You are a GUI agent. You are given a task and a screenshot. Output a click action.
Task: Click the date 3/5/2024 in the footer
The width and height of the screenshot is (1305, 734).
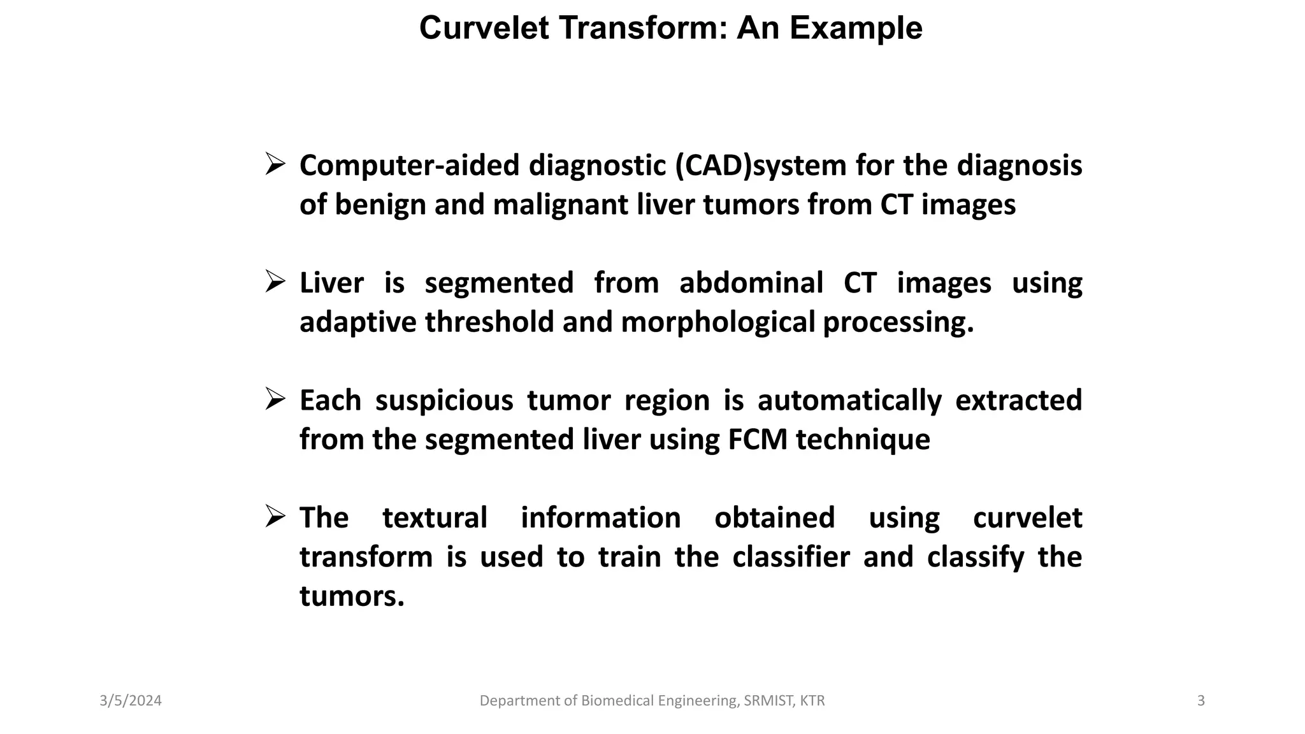131,701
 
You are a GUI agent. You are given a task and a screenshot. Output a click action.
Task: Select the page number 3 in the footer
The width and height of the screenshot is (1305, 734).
1201,701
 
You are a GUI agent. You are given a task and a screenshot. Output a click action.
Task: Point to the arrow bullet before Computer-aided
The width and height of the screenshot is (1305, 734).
275,164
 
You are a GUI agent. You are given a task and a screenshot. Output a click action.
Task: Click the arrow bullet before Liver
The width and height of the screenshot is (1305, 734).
275,282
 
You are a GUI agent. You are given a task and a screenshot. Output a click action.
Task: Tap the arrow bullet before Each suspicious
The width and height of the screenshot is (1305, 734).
275,399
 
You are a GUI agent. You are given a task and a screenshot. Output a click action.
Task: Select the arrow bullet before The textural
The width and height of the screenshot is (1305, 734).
275,517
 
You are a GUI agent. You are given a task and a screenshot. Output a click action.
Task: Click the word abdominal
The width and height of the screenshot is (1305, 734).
751,283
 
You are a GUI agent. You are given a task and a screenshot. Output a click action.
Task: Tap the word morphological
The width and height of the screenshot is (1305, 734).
718,322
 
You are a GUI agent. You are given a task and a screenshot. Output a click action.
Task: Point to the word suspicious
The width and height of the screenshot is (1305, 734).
444,401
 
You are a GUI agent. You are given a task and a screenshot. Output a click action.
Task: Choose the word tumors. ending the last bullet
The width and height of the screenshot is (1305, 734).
352,597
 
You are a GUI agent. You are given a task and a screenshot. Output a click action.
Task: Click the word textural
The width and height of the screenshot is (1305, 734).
435,518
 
